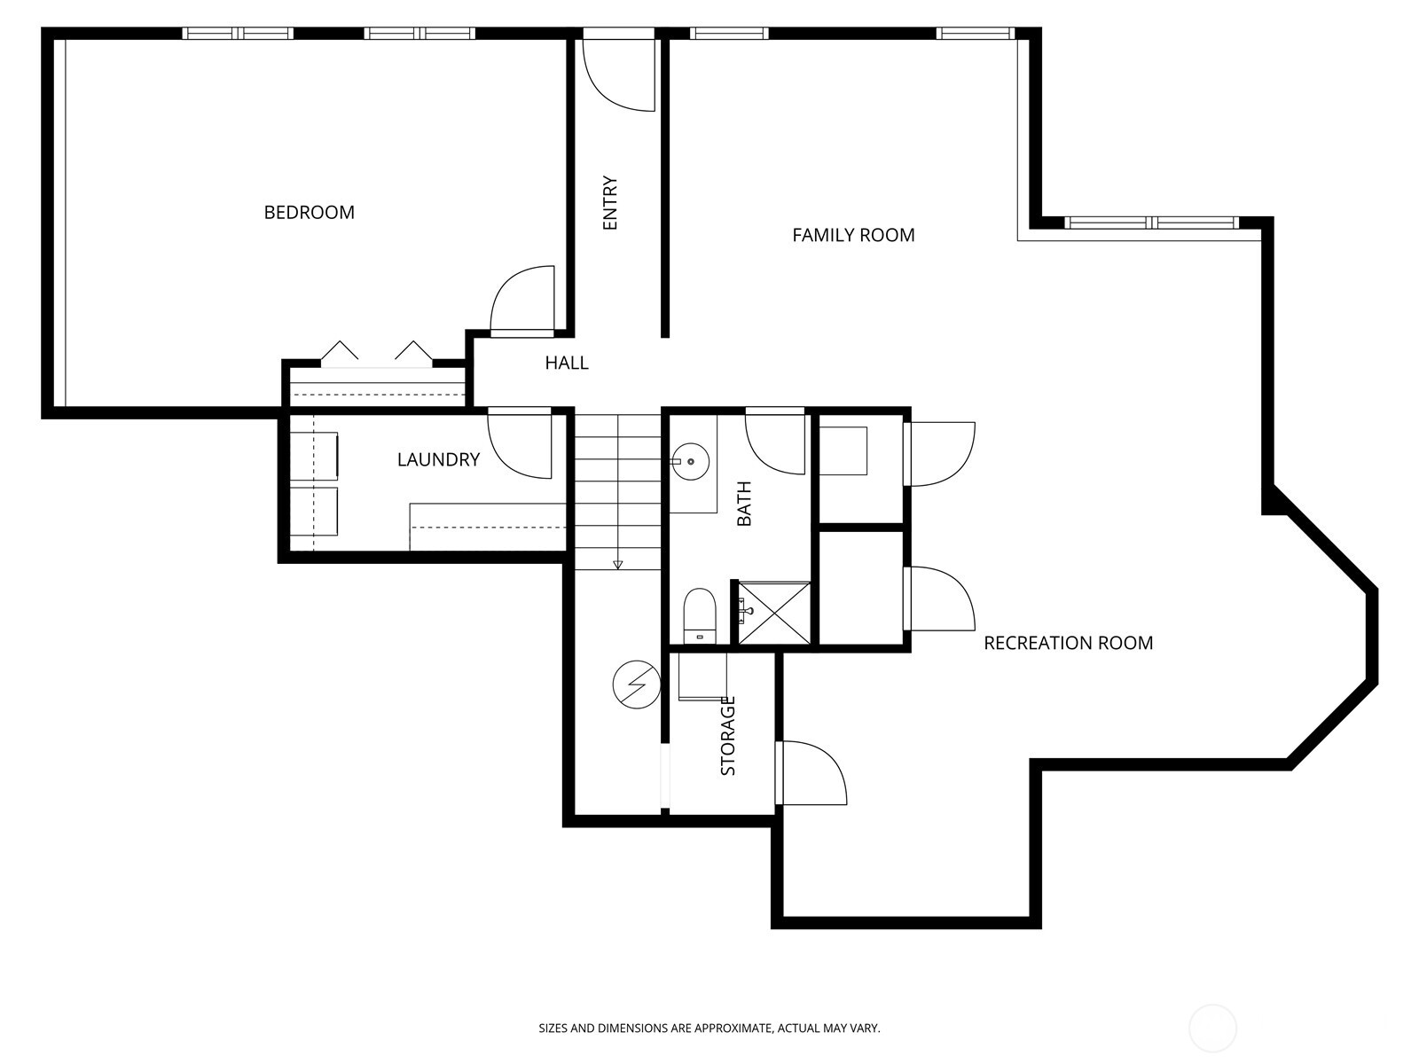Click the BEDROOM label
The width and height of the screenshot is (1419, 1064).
[309, 212]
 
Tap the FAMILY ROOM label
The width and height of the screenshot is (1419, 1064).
[853, 235]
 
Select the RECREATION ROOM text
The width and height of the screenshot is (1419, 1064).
[1068, 643]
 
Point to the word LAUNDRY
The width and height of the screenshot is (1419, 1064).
[438, 459]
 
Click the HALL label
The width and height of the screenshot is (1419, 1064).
[566, 363]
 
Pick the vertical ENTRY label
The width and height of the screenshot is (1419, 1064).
[610, 204]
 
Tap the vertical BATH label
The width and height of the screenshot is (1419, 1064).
[744, 503]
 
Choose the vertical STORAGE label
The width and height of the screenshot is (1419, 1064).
[728, 736]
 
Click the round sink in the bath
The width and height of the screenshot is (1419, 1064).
[689, 462]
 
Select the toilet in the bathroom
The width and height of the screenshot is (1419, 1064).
[700, 614]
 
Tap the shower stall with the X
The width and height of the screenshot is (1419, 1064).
[774, 612]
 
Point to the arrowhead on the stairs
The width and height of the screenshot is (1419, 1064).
[616, 565]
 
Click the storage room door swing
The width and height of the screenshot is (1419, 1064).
[812, 773]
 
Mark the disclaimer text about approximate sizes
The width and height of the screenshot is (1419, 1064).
[709, 1029]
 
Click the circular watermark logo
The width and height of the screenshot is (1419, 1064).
[1212, 1029]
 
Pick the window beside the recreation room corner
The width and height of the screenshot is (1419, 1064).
[1150, 223]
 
